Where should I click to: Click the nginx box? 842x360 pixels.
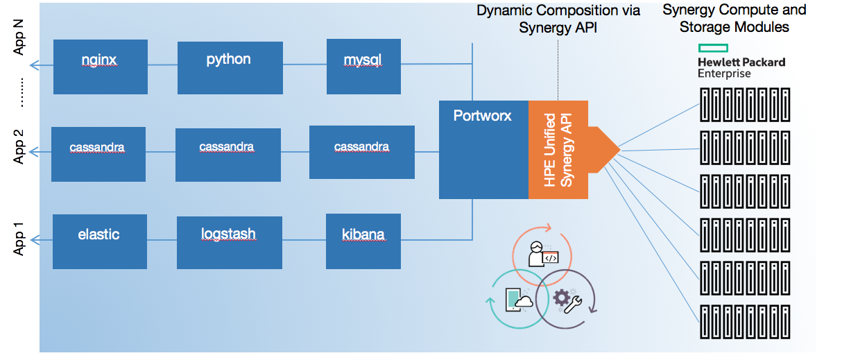[99, 67]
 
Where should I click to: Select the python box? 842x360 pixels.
[230, 67]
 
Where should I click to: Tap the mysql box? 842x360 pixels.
[363, 67]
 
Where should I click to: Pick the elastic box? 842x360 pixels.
[99, 241]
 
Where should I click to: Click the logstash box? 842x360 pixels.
[230, 242]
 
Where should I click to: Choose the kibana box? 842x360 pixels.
[363, 241]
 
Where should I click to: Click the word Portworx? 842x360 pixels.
[482, 116]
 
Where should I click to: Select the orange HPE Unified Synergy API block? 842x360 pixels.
[559, 149]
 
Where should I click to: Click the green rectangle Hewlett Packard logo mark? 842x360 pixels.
[712, 48]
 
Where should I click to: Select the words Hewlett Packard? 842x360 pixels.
[741, 62]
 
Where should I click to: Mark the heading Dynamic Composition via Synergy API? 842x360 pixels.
[558, 19]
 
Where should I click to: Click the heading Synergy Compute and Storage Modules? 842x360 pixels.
[734, 19]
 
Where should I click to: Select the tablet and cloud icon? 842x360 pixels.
[519, 299]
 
